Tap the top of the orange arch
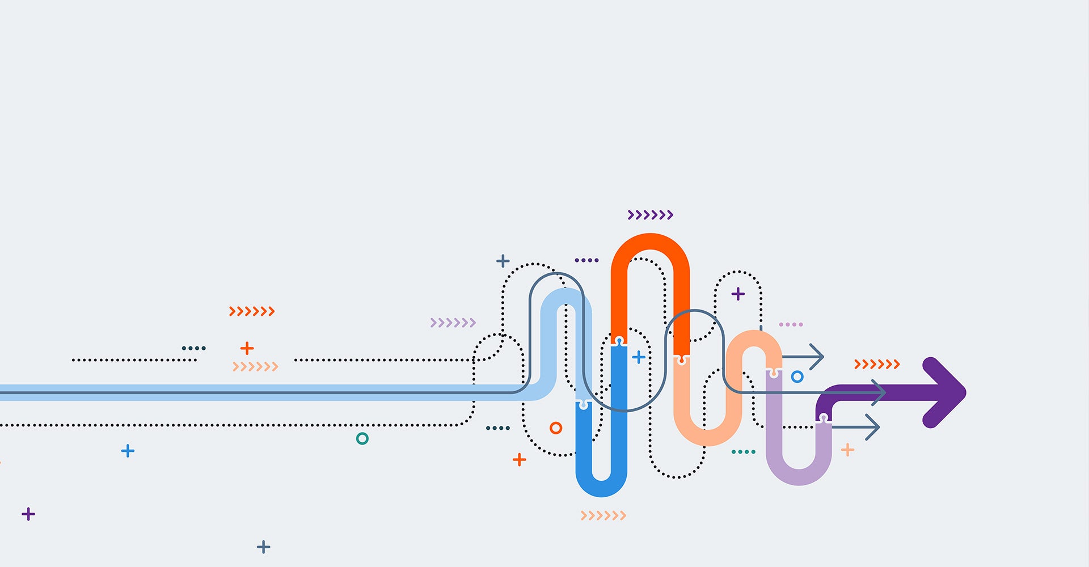(x=651, y=242)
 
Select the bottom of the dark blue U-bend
(x=601, y=488)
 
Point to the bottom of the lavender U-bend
(x=799, y=477)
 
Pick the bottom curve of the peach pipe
(x=707, y=437)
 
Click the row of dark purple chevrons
(x=650, y=215)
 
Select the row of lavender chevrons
(x=453, y=323)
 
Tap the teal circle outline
(x=362, y=438)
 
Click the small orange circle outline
(x=556, y=428)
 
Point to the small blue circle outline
(x=797, y=376)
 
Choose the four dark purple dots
(x=586, y=260)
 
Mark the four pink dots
(x=791, y=324)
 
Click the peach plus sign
(x=847, y=450)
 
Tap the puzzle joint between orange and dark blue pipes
(x=619, y=342)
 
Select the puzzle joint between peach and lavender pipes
(x=773, y=373)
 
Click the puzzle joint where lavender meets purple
(x=824, y=418)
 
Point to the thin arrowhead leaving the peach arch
(x=817, y=357)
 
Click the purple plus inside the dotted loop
(x=738, y=294)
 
